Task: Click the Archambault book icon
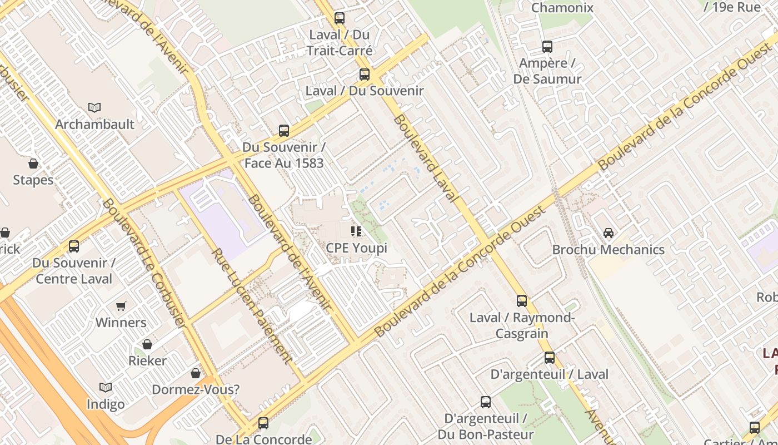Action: click(x=94, y=107)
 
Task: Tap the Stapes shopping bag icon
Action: click(x=33, y=164)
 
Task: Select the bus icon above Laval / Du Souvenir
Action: click(x=365, y=74)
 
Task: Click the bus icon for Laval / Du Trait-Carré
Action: click(x=340, y=18)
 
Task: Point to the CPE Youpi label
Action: click(x=356, y=248)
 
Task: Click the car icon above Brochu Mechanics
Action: click(x=609, y=233)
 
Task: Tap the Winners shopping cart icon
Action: click(x=121, y=306)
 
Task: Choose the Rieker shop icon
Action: click(x=147, y=344)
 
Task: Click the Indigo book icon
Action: click(x=106, y=387)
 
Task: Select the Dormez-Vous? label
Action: click(x=196, y=389)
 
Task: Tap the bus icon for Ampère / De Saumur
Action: click(x=547, y=47)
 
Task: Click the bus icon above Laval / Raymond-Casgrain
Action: click(x=522, y=301)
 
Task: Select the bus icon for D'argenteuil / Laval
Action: click(x=550, y=358)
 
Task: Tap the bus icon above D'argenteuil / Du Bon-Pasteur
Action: click(x=486, y=402)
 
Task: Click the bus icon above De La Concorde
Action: click(x=263, y=423)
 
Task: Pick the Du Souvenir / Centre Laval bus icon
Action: click(x=73, y=246)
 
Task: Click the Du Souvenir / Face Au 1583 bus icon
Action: click(x=284, y=131)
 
